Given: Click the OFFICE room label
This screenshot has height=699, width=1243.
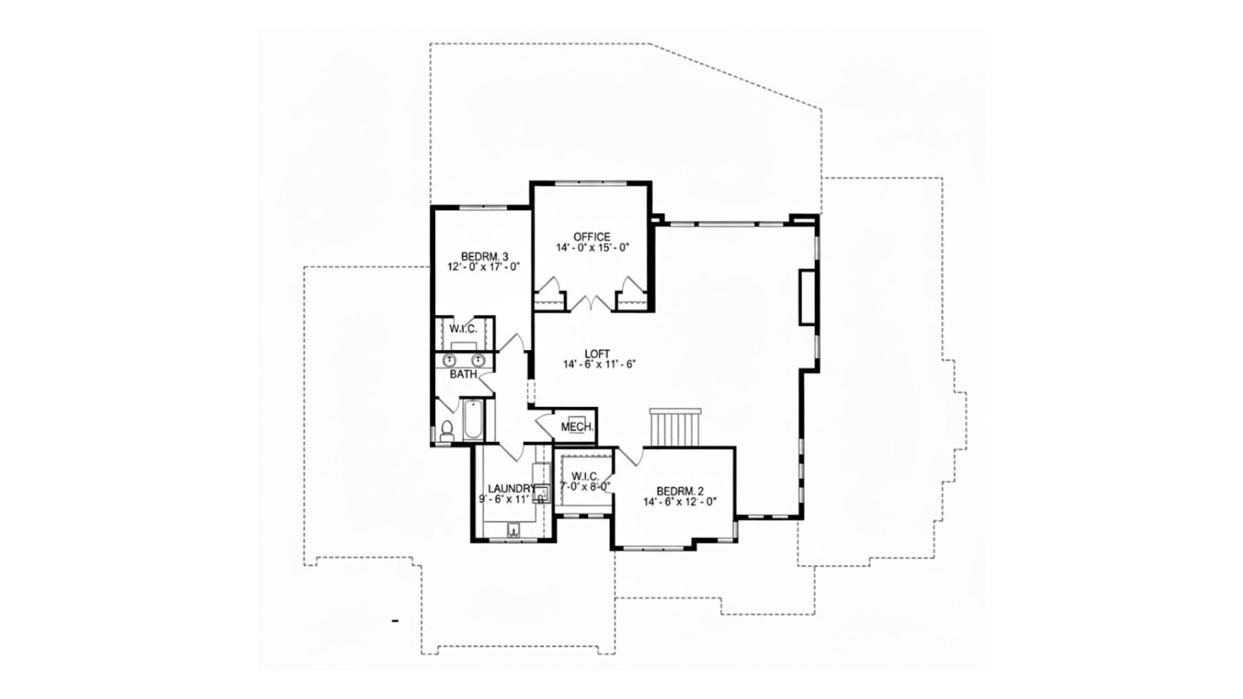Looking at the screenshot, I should point(592,237).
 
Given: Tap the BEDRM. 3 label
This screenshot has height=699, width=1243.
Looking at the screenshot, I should point(484,256).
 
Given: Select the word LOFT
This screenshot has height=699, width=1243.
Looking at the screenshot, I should point(597,353).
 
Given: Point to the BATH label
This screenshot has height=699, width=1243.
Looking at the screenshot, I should point(464,374).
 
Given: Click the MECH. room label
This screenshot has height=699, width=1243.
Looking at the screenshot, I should point(577,427).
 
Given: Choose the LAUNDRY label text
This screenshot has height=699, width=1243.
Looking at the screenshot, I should point(511,489).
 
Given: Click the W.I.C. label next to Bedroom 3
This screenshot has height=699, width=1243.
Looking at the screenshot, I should point(463,329).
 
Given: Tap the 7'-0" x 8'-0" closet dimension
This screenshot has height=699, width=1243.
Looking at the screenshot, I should point(586,486).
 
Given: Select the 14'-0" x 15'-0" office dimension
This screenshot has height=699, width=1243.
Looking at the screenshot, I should point(592,247).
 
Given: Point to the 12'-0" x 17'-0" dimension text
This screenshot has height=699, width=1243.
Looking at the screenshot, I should point(484,266).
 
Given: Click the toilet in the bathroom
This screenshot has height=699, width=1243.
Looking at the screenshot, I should point(447,430).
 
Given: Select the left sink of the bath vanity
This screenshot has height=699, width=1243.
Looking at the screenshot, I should point(448,360).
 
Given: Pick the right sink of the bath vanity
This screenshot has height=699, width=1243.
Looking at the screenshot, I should point(478,360).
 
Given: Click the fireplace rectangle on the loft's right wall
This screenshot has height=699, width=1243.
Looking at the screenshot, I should point(807,296).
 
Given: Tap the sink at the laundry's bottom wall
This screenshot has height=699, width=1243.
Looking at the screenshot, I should point(513,531).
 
